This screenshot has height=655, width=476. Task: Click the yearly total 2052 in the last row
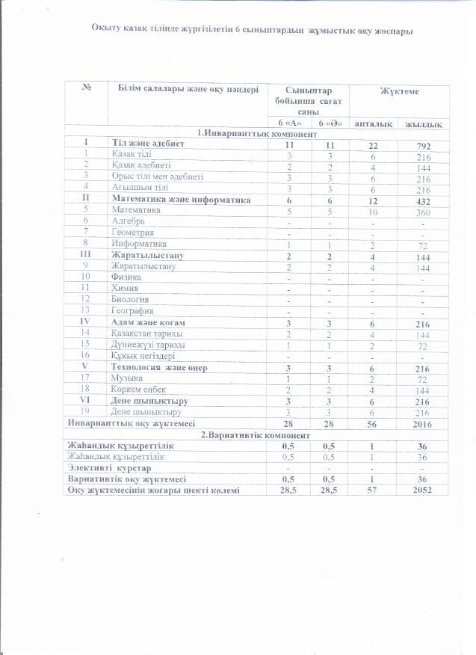click(x=422, y=491)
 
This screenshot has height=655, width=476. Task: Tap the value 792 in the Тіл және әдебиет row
click(x=422, y=143)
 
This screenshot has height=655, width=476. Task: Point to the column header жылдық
click(x=422, y=123)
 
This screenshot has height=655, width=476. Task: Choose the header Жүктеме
click(x=399, y=91)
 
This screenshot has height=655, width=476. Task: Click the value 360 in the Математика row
click(x=422, y=210)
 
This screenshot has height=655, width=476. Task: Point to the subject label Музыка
click(x=128, y=378)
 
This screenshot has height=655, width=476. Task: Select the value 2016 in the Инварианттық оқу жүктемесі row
click(x=422, y=423)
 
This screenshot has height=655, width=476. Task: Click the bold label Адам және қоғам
click(x=148, y=322)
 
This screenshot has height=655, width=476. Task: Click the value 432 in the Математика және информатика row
click(x=422, y=200)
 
